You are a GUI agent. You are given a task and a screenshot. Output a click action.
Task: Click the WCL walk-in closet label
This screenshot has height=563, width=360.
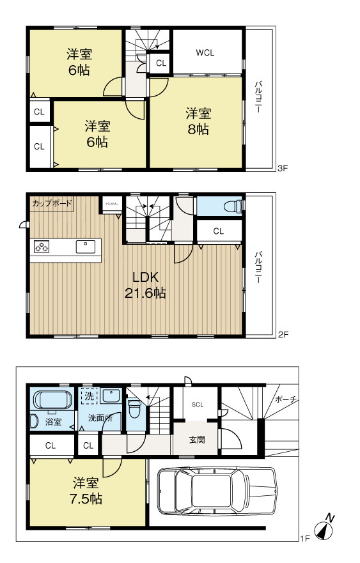(x=205, y=53)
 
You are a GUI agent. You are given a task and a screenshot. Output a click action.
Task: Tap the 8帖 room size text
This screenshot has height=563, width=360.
(x=198, y=129)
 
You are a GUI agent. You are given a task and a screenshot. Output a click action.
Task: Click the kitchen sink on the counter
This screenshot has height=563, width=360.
(x=85, y=246)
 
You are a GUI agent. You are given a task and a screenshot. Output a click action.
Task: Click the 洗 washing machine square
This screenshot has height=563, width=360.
(x=89, y=396)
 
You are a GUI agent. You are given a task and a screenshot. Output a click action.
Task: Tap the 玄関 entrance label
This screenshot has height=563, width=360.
(x=196, y=440)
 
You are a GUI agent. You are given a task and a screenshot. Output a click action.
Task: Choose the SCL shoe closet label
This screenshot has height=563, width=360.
(x=197, y=405)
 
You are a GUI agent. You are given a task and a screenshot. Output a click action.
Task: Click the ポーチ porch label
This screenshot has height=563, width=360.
(x=285, y=399)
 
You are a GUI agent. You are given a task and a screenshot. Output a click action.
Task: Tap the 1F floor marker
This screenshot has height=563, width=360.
(x=304, y=539)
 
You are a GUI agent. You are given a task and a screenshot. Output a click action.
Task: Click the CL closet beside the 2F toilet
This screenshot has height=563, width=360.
(x=218, y=231)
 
